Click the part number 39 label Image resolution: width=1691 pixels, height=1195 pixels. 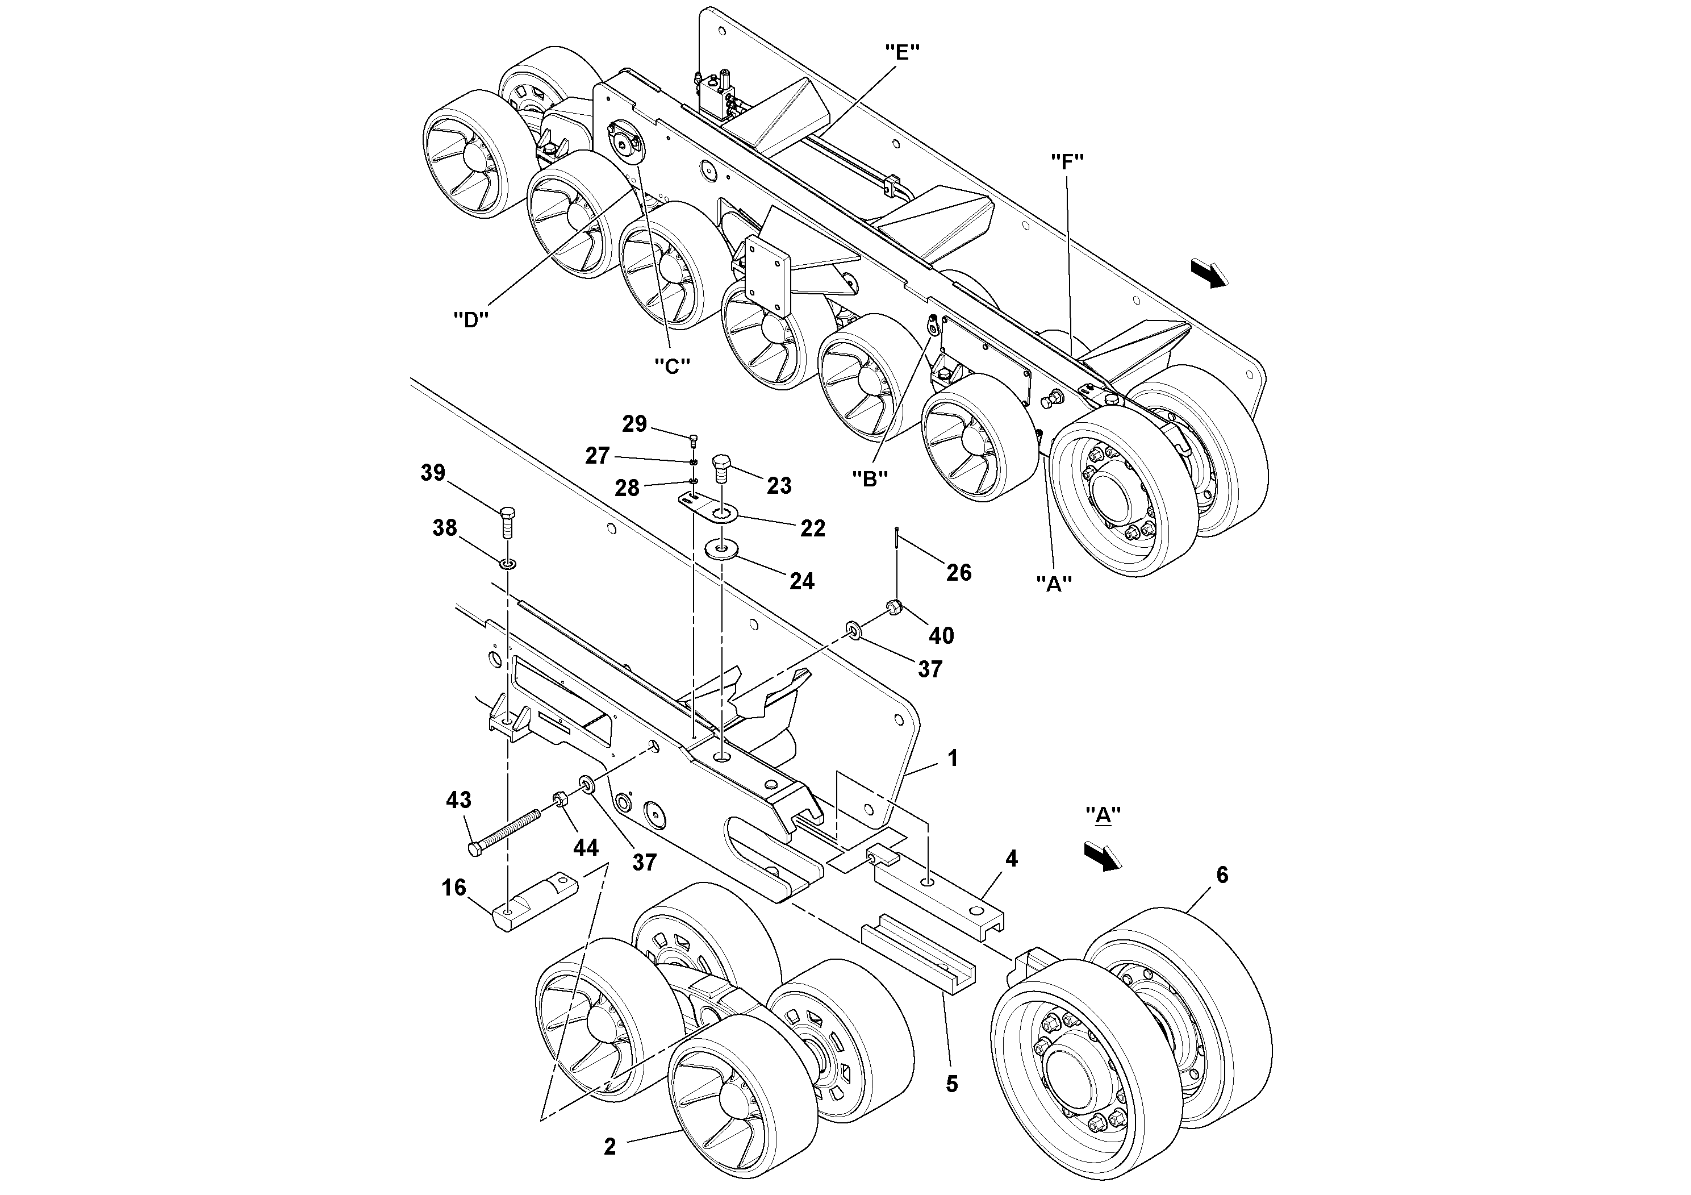433,472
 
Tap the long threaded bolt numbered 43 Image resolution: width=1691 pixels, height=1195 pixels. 504,831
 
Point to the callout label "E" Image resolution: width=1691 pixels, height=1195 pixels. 902,52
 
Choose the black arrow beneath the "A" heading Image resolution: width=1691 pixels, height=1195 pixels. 1102,857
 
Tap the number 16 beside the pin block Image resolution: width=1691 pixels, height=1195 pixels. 454,887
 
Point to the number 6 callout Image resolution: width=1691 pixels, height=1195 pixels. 1222,875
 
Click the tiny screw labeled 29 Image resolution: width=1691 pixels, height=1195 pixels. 694,440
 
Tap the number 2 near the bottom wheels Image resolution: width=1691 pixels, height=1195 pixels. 610,1146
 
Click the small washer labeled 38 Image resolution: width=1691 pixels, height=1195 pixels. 507,564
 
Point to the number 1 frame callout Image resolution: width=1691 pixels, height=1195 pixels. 953,758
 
